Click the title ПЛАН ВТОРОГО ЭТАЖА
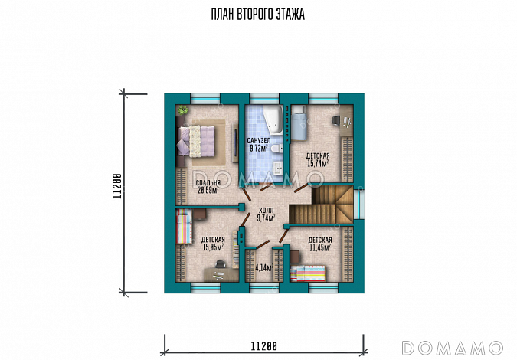[x=258, y=15]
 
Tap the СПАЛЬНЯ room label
[x=208, y=183]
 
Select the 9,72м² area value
[x=259, y=148]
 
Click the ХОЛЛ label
[x=266, y=211]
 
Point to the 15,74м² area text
[x=318, y=163]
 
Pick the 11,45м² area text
[x=320, y=247]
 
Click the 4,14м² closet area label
[x=264, y=267]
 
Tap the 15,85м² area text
[x=214, y=247]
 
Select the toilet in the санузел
[x=277, y=149]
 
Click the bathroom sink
[x=279, y=168]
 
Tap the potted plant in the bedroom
[x=182, y=110]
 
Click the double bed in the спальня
[x=197, y=142]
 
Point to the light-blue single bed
[x=299, y=126]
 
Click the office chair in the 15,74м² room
[x=336, y=120]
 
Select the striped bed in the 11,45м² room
[x=308, y=273]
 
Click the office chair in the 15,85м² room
[x=220, y=264]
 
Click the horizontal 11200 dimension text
[x=263, y=346]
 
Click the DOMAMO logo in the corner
[x=453, y=349]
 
